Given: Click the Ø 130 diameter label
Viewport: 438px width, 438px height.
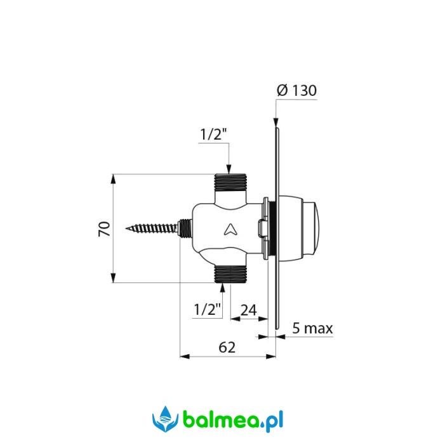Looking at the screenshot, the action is (x=296, y=90).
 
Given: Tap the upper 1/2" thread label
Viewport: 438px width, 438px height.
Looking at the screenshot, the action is (x=213, y=135).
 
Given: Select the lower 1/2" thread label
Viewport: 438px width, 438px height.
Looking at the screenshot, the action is (x=208, y=309).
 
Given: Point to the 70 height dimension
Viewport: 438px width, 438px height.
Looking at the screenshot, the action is (x=104, y=229).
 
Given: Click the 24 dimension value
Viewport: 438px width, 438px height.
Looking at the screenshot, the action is (x=249, y=310).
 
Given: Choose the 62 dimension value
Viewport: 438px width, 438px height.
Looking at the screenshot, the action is (x=227, y=347).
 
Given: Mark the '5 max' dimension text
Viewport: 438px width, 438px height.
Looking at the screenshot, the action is (x=312, y=328).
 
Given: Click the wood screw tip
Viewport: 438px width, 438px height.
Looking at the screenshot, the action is (x=126, y=229).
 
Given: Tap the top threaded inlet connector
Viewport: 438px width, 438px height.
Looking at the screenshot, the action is (x=230, y=182).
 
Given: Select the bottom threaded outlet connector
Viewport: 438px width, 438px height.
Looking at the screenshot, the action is (x=230, y=274).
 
